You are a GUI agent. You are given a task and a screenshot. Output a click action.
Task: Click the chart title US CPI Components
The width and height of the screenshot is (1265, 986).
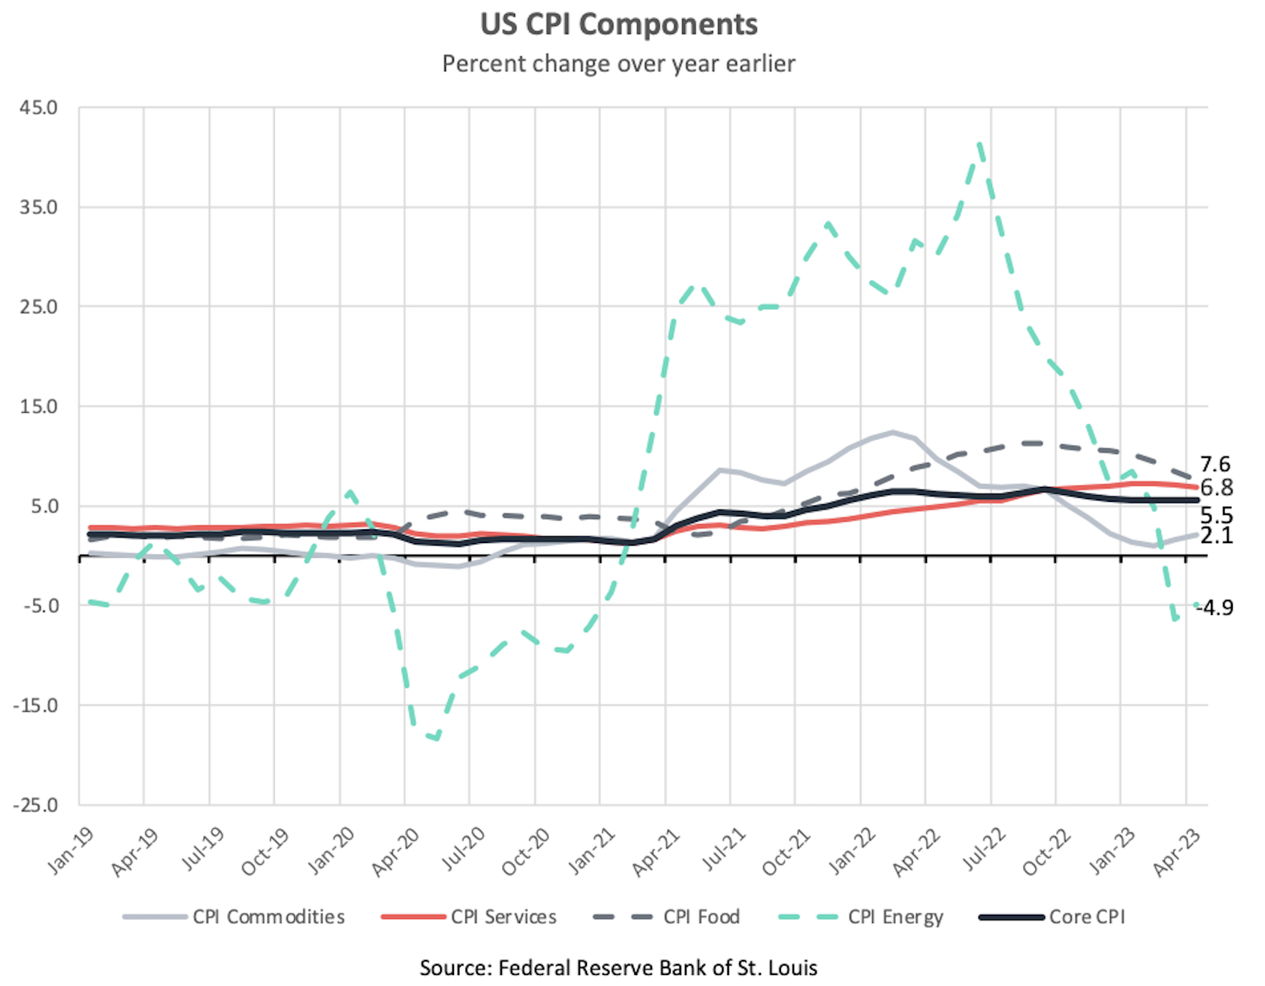618,25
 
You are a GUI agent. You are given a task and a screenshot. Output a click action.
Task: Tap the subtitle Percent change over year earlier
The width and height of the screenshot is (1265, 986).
618,64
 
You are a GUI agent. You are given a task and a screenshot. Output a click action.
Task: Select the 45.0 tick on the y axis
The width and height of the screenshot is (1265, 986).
38,108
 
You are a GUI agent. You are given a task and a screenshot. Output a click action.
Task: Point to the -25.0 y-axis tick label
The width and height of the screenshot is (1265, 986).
36,805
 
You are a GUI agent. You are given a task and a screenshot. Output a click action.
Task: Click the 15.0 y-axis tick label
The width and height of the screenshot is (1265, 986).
38,407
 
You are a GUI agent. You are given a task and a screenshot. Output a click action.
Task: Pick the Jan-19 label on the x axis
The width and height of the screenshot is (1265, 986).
70,851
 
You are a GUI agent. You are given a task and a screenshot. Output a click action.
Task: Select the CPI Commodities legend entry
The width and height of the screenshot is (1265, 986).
268,917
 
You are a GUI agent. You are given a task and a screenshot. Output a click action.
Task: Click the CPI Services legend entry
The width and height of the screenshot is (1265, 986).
503,917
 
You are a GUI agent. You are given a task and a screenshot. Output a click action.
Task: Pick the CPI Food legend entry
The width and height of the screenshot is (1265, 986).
701,917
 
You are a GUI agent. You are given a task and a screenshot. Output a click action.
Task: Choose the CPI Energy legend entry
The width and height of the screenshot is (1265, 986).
895,917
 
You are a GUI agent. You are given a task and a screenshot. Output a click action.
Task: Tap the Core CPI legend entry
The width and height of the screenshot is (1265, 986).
1087,917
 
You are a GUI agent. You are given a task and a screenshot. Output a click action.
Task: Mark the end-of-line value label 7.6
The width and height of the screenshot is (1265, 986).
1215,464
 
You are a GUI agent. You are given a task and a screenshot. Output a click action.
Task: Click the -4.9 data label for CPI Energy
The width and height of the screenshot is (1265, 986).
1214,608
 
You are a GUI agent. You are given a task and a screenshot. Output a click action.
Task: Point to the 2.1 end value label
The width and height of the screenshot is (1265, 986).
1216,536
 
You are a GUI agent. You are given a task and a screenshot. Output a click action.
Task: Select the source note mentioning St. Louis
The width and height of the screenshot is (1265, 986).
618,967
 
